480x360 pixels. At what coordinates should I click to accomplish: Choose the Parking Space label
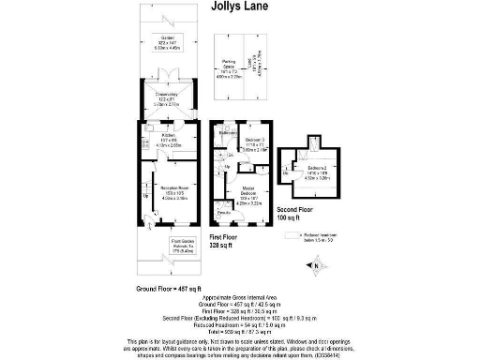point(231,63)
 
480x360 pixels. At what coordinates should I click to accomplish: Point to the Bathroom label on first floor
point(226,134)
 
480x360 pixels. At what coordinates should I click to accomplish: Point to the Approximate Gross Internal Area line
point(240,295)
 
